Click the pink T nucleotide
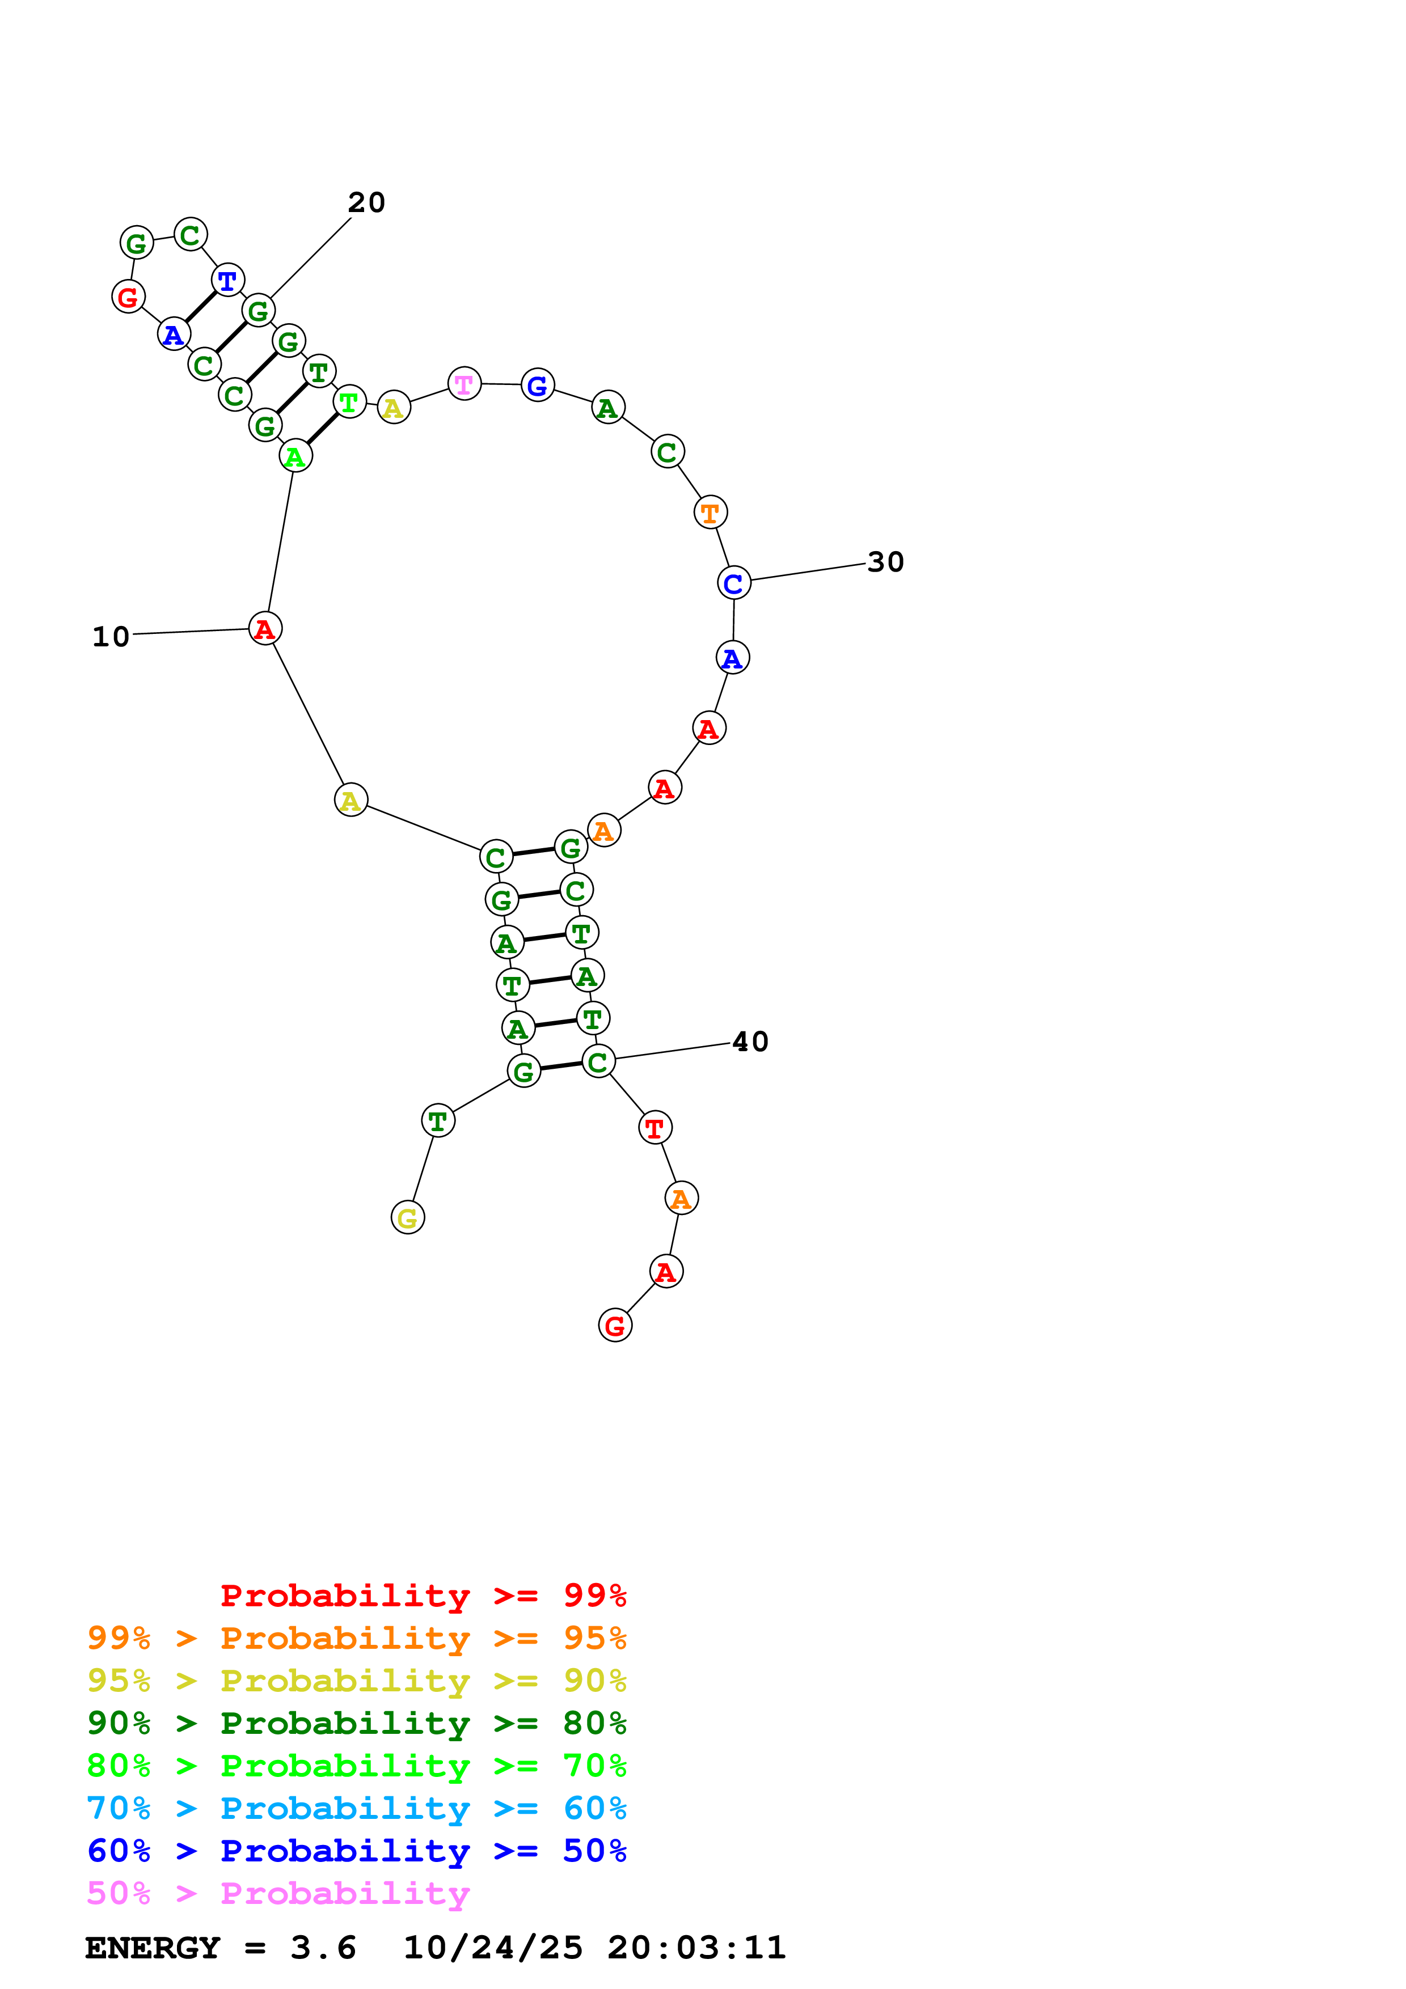(x=465, y=384)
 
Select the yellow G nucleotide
(x=407, y=1217)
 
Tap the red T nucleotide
(x=655, y=1127)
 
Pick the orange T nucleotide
(x=710, y=513)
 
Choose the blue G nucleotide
(x=537, y=386)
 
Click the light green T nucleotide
(x=349, y=402)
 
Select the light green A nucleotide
(x=295, y=456)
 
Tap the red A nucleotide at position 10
(x=265, y=628)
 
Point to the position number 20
(x=366, y=203)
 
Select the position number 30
(x=885, y=562)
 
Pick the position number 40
(x=750, y=1042)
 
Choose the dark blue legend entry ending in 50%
(x=356, y=1851)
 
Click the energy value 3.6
(x=323, y=1948)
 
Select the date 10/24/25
(x=493, y=1948)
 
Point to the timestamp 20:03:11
(x=696, y=1948)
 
